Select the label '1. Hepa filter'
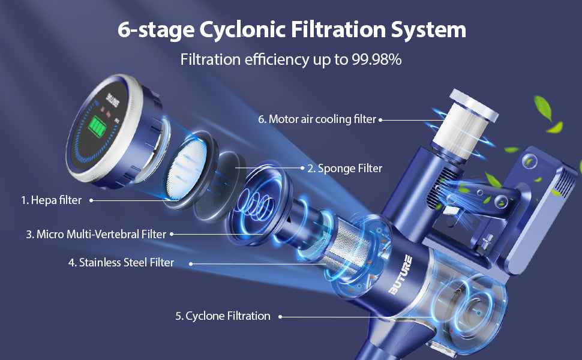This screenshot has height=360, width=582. (51, 200)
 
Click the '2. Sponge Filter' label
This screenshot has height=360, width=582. (344, 169)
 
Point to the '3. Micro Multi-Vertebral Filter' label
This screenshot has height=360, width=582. (95, 234)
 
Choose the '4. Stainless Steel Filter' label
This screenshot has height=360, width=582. (121, 262)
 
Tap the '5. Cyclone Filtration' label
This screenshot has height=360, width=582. (223, 316)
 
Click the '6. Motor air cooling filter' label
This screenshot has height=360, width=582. (317, 119)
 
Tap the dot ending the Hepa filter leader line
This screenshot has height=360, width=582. (91, 200)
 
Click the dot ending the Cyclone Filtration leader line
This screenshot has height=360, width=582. (280, 316)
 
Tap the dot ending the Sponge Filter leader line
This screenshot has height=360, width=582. (301, 168)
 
